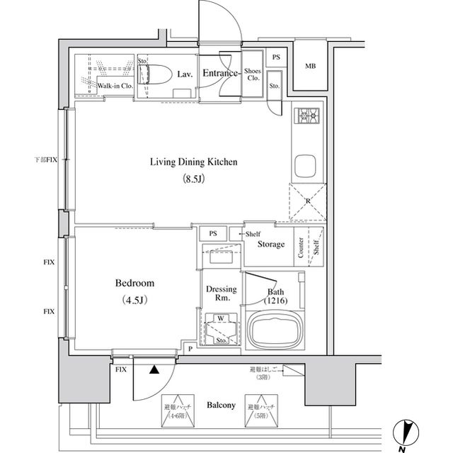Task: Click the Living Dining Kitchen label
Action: (x=193, y=162)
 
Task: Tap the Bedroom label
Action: (x=134, y=283)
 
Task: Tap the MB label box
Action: (x=310, y=67)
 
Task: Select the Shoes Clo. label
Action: (x=253, y=74)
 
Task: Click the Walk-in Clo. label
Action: (x=115, y=86)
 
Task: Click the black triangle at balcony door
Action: (x=153, y=368)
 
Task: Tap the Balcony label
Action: (x=221, y=406)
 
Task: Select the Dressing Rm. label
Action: (x=220, y=293)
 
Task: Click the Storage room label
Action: (x=270, y=245)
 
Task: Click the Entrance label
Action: (x=219, y=72)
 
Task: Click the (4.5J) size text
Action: (x=134, y=300)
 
